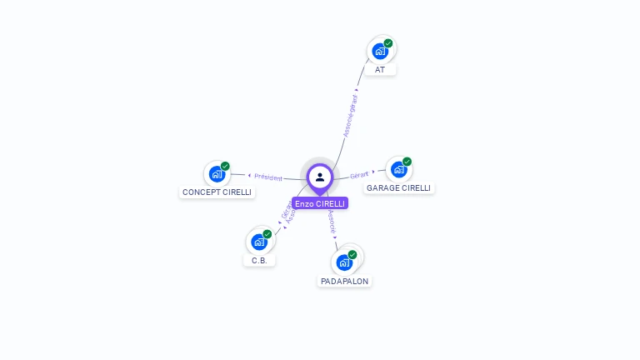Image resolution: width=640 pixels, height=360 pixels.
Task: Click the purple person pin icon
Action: (320, 177)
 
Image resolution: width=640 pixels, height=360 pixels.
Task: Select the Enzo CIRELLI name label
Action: (320, 203)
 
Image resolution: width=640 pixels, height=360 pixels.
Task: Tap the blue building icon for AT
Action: (380, 51)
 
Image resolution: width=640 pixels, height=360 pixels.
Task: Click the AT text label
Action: (380, 70)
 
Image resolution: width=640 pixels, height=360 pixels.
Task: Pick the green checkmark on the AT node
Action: (388, 43)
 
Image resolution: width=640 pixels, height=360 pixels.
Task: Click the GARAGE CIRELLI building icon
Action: (399, 169)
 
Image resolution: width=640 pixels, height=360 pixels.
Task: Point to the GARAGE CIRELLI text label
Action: (399, 188)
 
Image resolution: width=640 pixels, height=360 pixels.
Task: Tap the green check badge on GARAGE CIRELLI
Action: (407, 162)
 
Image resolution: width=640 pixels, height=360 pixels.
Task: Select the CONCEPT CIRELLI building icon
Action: (217, 174)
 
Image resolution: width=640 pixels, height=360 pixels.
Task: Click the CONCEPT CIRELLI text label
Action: (217, 192)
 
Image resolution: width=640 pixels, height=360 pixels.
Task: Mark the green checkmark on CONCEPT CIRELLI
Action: (225, 167)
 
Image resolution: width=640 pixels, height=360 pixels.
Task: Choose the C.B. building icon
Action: (259, 242)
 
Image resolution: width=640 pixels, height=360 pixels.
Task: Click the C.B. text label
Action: (259, 260)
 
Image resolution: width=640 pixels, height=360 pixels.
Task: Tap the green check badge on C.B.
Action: (267, 234)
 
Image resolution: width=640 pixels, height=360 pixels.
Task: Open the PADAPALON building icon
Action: (344, 262)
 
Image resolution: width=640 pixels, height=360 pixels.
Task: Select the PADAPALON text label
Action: (345, 282)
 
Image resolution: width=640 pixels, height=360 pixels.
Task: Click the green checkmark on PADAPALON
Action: (352, 255)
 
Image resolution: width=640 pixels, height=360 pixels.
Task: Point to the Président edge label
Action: (268, 177)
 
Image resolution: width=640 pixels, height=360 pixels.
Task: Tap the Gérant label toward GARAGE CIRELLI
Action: (359, 175)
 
